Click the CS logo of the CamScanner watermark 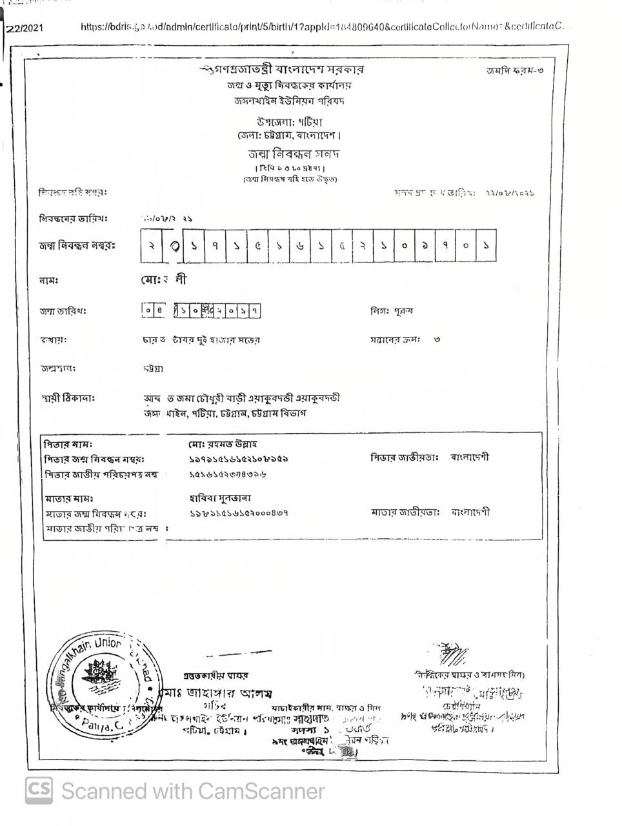coord(39,791)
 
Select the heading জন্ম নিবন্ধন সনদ coord(294,154)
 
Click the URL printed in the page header coord(323,26)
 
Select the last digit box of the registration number coord(486,246)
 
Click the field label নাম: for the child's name coord(49,281)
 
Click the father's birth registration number coord(238,459)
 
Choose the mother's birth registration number coord(238,513)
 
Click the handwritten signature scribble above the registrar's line coord(452,653)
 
